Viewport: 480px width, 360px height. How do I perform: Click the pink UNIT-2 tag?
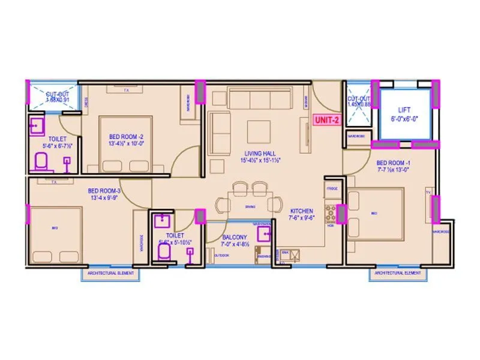[x=327, y=121]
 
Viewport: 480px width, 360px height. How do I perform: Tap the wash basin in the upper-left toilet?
[x=36, y=127]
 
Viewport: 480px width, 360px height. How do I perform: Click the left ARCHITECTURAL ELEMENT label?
[x=110, y=273]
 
